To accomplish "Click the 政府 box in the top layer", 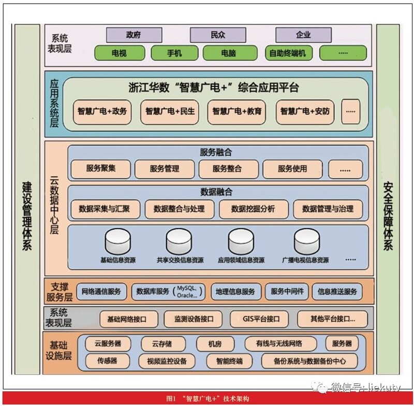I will [134, 35].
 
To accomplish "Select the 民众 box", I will [218, 35].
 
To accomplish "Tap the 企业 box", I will [303, 35].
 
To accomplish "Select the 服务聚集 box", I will [101, 169].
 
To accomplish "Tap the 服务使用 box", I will [292, 169].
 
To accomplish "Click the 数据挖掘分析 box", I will [253, 209].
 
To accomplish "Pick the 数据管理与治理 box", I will [328, 209].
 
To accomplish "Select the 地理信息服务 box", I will [235, 292].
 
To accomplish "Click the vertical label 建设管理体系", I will [27, 215].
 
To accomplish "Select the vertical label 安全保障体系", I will [388, 215].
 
